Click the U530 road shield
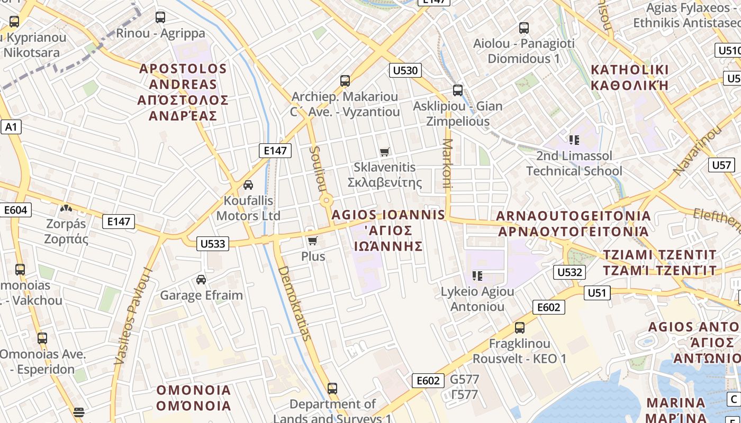(405, 70)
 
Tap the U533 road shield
(213, 244)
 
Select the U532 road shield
(570, 272)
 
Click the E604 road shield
(15, 210)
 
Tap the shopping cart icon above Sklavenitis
(385, 152)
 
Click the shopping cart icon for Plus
(312, 241)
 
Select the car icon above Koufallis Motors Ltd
(248, 185)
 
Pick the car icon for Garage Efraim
(201, 280)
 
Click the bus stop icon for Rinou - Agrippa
(160, 17)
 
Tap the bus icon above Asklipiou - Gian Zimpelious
(458, 90)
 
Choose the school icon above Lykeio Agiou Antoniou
(477, 276)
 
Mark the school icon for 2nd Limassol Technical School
(574, 140)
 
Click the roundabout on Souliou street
(327, 200)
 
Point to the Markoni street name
(448, 163)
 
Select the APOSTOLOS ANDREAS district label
(183, 92)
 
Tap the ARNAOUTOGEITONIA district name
(574, 224)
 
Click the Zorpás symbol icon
(66, 208)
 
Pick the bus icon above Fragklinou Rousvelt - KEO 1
(520, 328)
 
